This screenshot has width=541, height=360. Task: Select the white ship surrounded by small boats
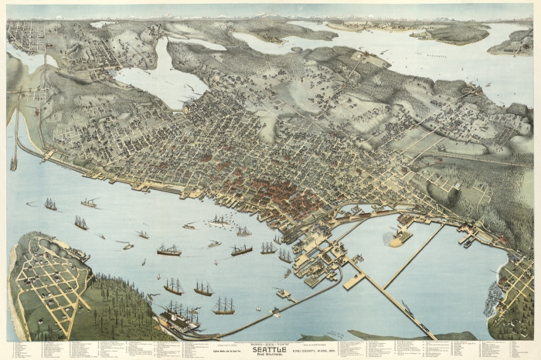point(219,221)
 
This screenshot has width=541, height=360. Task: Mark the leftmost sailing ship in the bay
point(50,205)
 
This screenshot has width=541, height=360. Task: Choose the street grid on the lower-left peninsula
point(46,278)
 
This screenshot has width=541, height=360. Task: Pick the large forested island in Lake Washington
point(448,32)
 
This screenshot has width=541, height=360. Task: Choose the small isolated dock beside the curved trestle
point(283,294)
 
